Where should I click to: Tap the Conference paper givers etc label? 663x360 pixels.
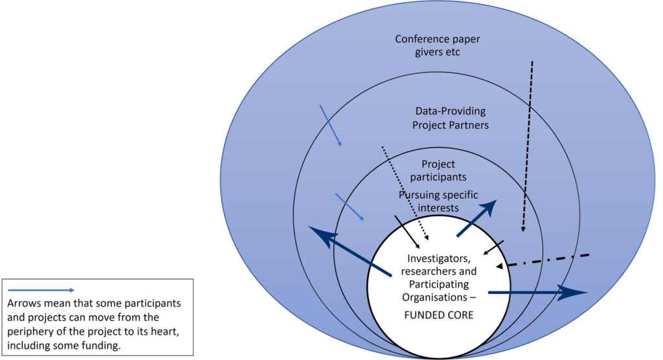pyautogui.click(x=438, y=45)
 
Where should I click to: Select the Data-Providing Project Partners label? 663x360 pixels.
pyautogui.click(x=450, y=118)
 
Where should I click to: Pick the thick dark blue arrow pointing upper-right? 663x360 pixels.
pyautogui.click(x=476, y=218)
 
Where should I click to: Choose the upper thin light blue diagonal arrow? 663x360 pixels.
pyautogui.click(x=331, y=126)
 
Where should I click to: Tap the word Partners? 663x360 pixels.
pyautogui.click(x=469, y=124)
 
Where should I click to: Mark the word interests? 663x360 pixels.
pyautogui.click(x=438, y=208)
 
